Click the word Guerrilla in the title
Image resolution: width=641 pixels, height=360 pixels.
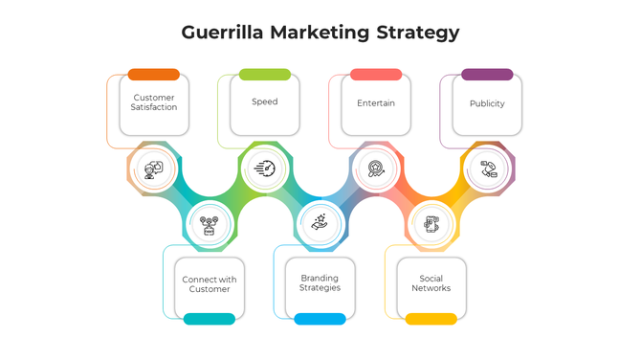click(224, 33)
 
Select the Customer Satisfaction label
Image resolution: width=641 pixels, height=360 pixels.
click(154, 102)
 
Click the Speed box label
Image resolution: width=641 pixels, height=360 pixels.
click(265, 101)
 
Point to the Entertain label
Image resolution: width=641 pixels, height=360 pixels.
click(376, 102)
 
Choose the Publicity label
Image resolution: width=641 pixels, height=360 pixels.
click(487, 102)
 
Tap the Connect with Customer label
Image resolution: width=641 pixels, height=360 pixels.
click(210, 284)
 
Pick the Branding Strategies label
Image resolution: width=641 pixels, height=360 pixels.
click(320, 283)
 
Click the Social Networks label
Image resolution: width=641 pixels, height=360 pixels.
click(431, 283)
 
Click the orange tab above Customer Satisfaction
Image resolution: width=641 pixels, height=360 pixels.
click(154, 75)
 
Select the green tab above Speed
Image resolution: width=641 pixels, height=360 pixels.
click(265, 75)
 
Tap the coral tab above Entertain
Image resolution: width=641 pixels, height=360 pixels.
click(376, 75)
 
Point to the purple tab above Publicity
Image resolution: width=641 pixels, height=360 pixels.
click(487, 75)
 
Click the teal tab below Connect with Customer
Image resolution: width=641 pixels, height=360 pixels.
click(210, 319)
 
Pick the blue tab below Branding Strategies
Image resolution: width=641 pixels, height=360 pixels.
click(320, 319)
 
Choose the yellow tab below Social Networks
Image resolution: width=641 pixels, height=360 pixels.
click(431, 319)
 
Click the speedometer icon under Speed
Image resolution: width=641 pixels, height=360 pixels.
click(265, 169)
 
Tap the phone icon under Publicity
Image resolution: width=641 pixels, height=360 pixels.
click(488, 169)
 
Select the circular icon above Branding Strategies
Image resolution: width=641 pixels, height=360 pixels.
click(320, 224)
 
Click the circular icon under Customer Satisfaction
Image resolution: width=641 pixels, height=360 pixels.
click(154, 169)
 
